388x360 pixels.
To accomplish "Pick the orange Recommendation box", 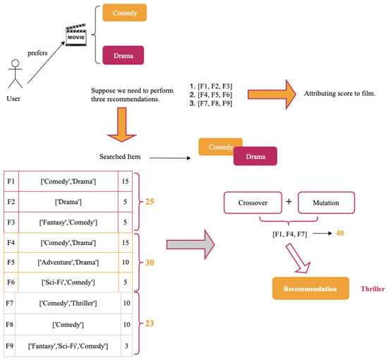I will (312, 289).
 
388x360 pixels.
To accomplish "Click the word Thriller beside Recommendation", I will (373, 289).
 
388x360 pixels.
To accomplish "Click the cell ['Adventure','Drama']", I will (68, 263).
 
